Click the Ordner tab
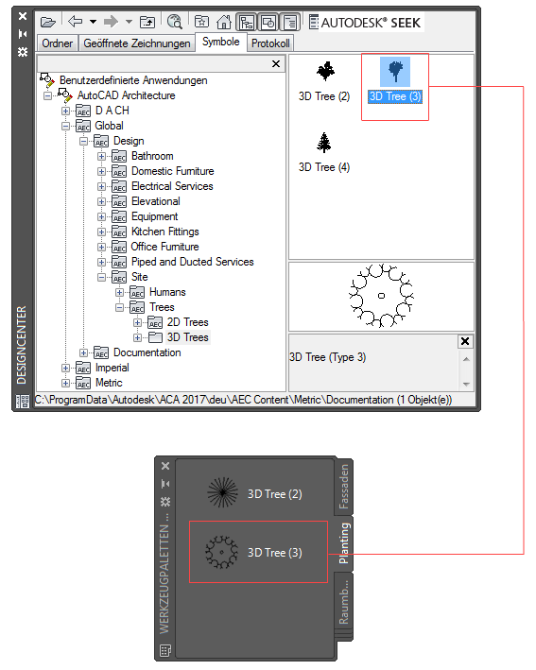pyautogui.click(x=58, y=43)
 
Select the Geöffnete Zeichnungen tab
pyautogui.click(x=137, y=43)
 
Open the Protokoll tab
pyautogui.click(x=270, y=43)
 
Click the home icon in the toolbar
pyautogui.click(x=223, y=22)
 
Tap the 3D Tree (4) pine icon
pyautogui.click(x=324, y=143)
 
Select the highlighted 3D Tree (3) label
pyautogui.click(x=395, y=96)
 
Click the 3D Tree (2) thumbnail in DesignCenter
pyautogui.click(x=326, y=71)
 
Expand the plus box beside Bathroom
pyautogui.click(x=101, y=156)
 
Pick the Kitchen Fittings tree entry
pyautogui.click(x=165, y=232)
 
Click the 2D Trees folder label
pyautogui.click(x=187, y=322)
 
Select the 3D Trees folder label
pyautogui.click(x=187, y=337)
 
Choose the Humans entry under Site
pyautogui.click(x=167, y=292)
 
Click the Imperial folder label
pyautogui.click(x=112, y=368)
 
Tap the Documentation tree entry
pyautogui.click(x=147, y=352)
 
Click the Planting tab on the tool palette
pyautogui.click(x=344, y=543)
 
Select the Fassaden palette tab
pyautogui.click(x=344, y=487)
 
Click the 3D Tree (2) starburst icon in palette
pyautogui.click(x=223, y=492)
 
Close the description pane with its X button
pyautogui.click(x=465, y=341)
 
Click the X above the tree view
pyautogui.click(x=276, y=64)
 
